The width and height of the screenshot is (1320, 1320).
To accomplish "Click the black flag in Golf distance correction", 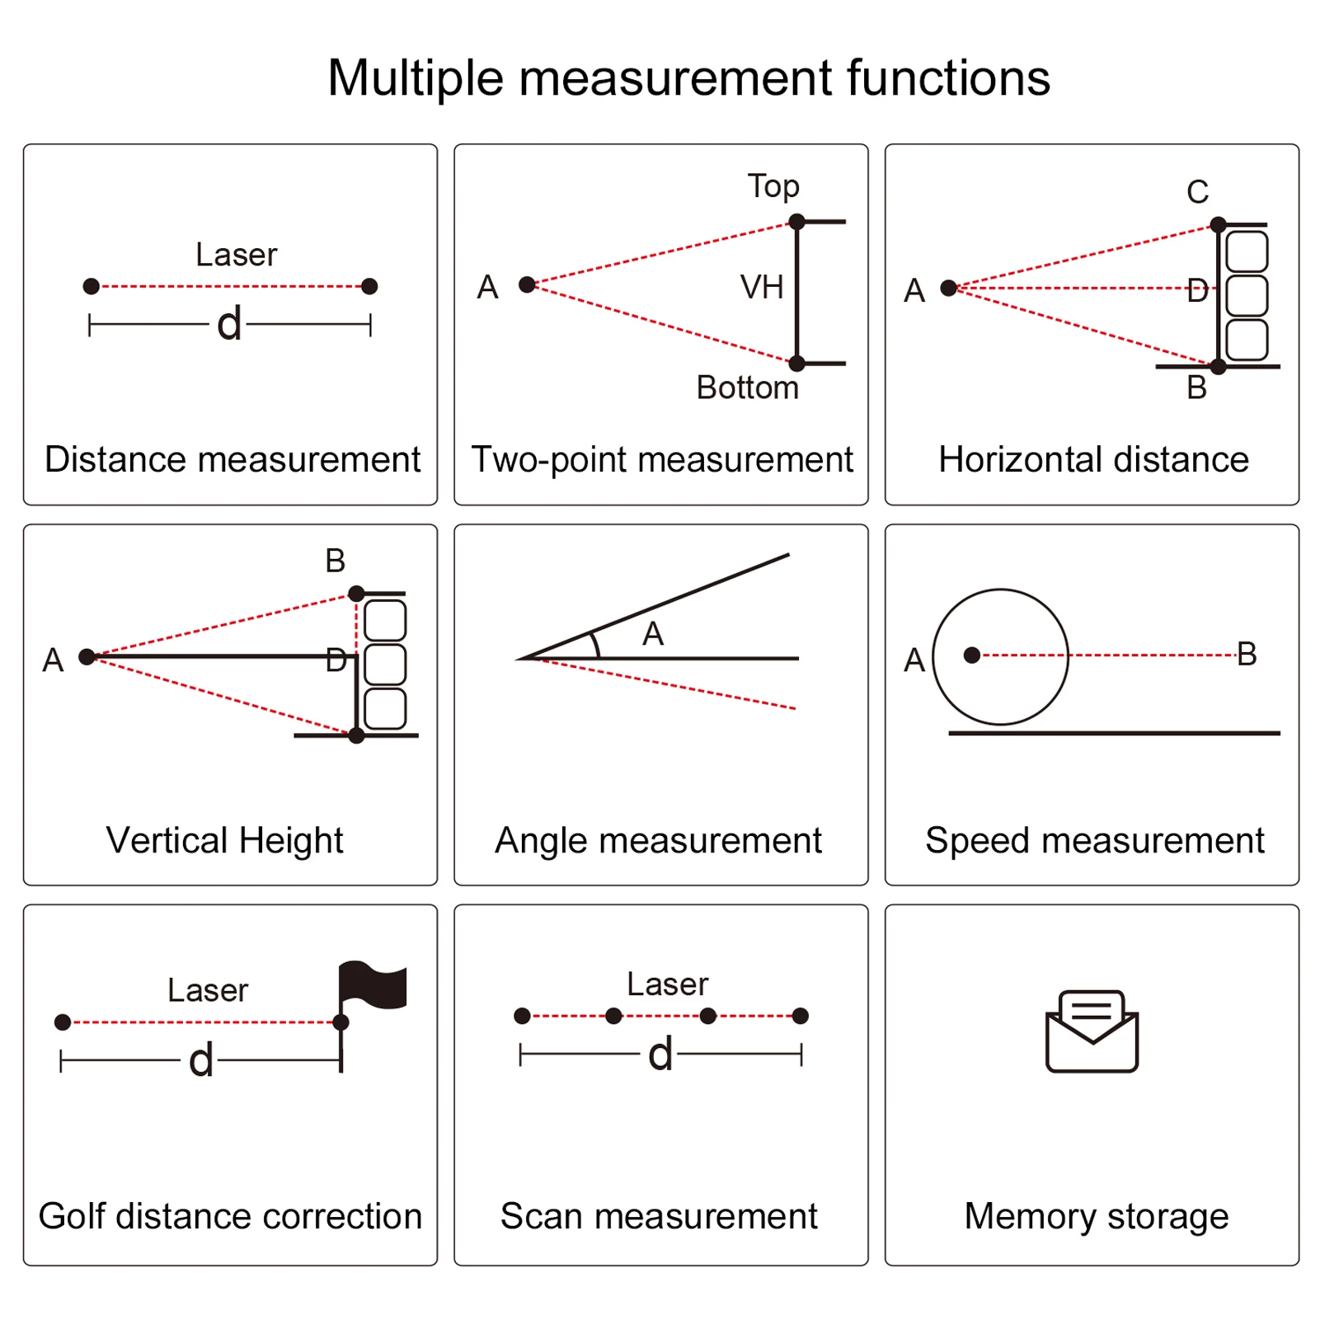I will pyautogui.click(x=373, y=984).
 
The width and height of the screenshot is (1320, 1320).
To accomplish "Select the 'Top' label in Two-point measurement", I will pyautogui.click(x=773, y=186).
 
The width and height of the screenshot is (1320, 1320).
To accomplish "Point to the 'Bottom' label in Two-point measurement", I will pyautogui.click(x=747, y=388).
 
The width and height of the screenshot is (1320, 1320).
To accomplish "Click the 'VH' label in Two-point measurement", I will pyautogui.click(x=761, y=288).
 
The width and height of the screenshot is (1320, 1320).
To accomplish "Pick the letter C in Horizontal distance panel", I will pyautogui.click(x=1197, y=192).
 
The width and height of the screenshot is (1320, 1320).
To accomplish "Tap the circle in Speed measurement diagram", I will pyautogui.click(x=1000, y=656).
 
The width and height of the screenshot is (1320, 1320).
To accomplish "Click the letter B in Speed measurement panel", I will pyautogui.click(x=1247, y=654).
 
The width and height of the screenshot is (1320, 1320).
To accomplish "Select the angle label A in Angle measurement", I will pyautogui.click(x=653, y=634).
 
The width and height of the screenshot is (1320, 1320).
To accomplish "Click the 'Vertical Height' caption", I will pyautogui.click(x=224, y=840).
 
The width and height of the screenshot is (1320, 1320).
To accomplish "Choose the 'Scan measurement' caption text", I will pyautogui.click(x=659, y=1216).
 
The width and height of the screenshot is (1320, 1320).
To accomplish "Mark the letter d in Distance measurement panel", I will pyautogui.click(x=229, y=323).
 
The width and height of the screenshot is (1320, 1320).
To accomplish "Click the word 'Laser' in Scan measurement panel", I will pyautogui.click(x=667, y=984).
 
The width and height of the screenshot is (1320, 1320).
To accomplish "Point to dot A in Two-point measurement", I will pyautogui.click(x=527, y=284).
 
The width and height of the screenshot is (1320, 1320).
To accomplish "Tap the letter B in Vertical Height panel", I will pyautogui.click(x=335, y=561).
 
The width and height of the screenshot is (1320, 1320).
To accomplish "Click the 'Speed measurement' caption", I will pyautogui.click(x=1094, y=840).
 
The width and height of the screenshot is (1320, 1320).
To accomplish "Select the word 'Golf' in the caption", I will pyautogui.click(x=71, y=1216).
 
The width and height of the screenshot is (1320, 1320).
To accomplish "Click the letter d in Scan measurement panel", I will pyautogui.click(x=660, y=1054).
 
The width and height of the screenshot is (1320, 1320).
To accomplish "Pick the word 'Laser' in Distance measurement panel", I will pyautogui.click(x=236, y=255).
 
